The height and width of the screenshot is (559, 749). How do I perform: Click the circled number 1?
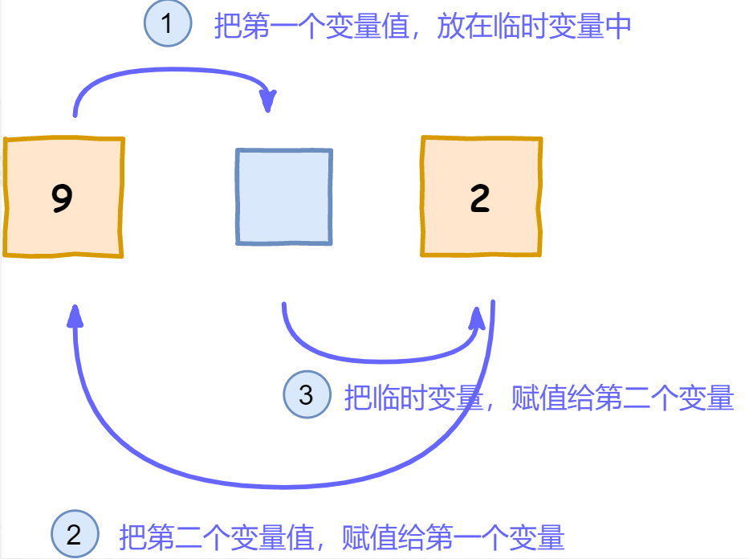[167, 24]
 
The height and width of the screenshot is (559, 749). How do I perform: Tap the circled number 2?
[74, 534]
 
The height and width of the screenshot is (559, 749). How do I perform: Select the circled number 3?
[307, 394]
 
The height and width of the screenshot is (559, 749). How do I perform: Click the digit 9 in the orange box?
[62, 198]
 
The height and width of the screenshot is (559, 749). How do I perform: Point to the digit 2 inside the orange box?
[480, 198]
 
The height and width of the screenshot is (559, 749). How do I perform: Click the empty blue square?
[283, 197]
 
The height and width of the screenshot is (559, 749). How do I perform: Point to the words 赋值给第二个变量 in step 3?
[622, 398]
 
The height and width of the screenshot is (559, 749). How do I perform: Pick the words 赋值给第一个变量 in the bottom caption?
[453, 536]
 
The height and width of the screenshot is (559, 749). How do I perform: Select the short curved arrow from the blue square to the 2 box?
[377, 353]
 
